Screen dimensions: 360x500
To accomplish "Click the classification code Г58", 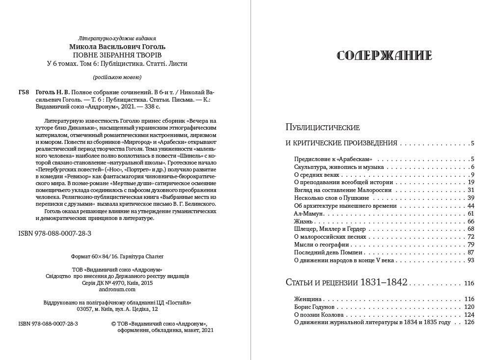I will click(x=23, y=92).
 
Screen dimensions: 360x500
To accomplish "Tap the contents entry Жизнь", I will click(x=303, y=222).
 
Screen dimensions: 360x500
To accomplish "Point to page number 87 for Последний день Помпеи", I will click(x=471, y=252).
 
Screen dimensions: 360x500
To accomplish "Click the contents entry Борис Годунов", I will click(x=315, y=306).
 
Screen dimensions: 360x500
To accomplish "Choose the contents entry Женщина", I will click(x=308, y=299).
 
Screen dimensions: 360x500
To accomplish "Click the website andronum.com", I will click(x=117, y=290).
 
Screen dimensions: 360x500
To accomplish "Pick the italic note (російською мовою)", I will click(x=117, y=77).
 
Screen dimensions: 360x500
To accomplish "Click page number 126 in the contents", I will click(x=469, y=322).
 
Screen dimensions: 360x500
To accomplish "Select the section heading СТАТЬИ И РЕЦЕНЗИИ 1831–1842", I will click(x=346, y=283).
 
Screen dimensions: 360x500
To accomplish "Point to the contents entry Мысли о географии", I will click(x=321, y=245).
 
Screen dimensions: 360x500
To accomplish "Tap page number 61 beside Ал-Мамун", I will click(x=471, y=214).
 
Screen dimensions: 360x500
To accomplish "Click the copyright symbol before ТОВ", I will click(x=114, y=324).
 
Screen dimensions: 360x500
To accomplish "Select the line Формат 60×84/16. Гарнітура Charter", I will click(x=117, y=256).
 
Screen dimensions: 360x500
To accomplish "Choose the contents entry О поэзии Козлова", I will click(x=319, y=314).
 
